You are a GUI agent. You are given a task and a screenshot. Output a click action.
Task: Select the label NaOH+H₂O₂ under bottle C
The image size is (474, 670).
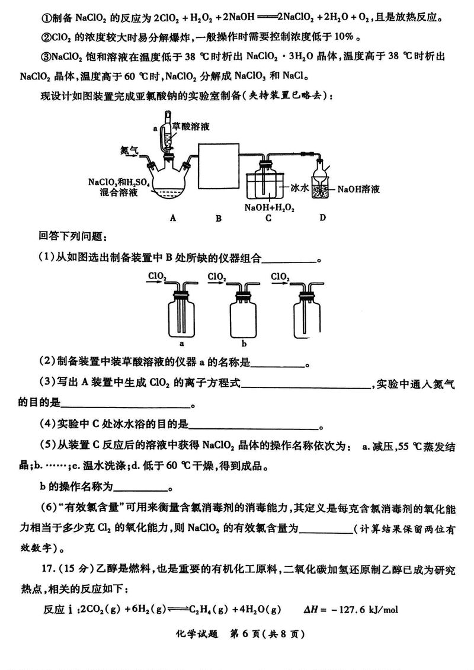(x=265, y=207)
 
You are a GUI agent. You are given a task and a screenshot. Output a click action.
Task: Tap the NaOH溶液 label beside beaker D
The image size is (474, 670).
(x=358, y=190)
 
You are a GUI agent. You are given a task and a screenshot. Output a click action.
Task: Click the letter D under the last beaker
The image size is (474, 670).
(x=322, y=217)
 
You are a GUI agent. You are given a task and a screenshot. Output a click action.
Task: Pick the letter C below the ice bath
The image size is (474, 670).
(x=268, y=217)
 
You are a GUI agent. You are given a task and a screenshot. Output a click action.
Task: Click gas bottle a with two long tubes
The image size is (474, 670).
(x=180, y=314)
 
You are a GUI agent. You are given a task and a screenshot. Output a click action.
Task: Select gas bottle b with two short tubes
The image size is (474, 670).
(x=244, y=314)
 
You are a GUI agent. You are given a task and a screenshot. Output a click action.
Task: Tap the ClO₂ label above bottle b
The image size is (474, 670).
(x=216, y=276)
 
